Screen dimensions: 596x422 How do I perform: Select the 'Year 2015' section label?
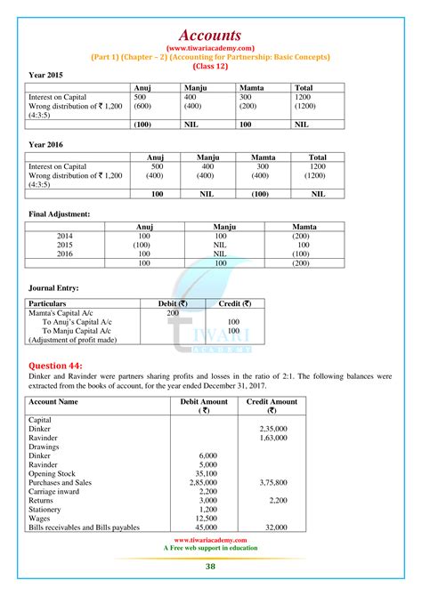46,75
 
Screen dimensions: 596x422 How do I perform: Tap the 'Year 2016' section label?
46,144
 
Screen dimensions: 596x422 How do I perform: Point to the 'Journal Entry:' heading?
55,287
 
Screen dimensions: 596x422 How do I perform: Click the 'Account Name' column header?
54,402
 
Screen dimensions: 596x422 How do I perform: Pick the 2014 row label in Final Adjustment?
65,235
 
